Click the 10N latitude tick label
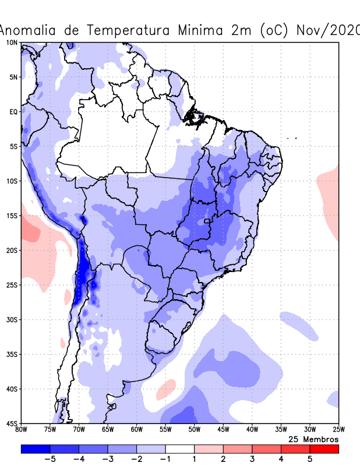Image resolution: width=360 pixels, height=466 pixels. click(x=12, y=43)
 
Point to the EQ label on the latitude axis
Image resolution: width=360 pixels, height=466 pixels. click(x=13, y=111)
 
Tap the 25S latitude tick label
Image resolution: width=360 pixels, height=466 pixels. click(x=12, y=285)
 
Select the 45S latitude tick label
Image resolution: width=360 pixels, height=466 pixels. click(x=12, y=423)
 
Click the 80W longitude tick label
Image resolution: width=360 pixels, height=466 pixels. click(x=21, y=430)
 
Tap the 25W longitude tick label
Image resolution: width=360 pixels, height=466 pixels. click(x=338, y=430)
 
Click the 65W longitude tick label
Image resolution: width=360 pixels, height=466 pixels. click(x=108, y=430)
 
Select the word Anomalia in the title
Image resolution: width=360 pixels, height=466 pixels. click(x=33, y=30)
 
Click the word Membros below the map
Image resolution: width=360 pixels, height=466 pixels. click(x=320, y=439)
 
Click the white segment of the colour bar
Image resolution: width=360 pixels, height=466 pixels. click(x=179, y=449)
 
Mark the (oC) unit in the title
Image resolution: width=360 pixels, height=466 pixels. click(x=271, y=30)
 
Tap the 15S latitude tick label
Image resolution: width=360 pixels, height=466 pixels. click(x=12, y=216)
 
